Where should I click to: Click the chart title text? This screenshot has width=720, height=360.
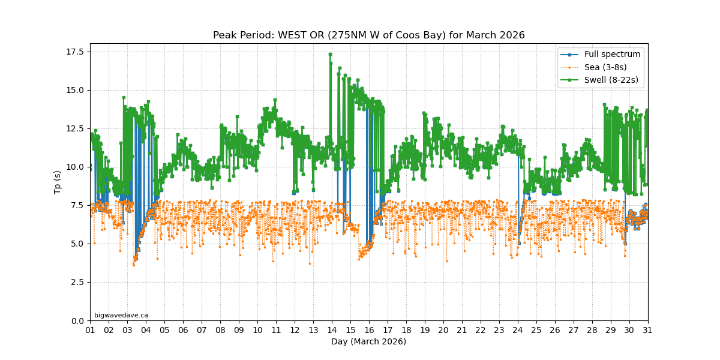(368, 35)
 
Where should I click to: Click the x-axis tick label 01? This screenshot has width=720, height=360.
(90, 331)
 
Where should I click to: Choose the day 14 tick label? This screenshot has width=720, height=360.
(332, 331)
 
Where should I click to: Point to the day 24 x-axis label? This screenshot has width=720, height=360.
(518, 331)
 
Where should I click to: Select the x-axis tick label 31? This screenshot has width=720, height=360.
(648, 331)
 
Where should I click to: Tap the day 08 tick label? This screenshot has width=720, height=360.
(220, 331)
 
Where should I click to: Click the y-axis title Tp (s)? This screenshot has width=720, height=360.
(58, 182)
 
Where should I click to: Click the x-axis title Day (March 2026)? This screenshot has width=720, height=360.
(368, 342)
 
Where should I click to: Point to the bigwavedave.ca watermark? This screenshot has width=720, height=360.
(121, 315)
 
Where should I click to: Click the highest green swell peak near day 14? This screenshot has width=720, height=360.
(330, 54)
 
